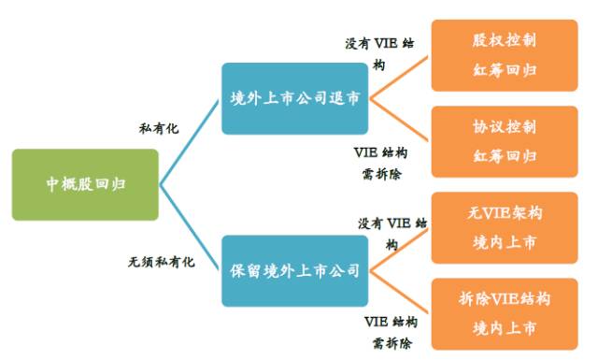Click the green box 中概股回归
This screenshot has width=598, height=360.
pos(85,184)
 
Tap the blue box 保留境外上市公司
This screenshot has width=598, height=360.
pos(294,272)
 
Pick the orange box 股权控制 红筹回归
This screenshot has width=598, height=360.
pos(504,55)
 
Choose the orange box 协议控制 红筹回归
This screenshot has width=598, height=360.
pos(504,141)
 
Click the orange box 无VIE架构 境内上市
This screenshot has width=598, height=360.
pos(504,228)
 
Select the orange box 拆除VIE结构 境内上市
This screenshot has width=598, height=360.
pos(504,313)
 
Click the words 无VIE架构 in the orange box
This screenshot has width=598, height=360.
pos(504,213)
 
